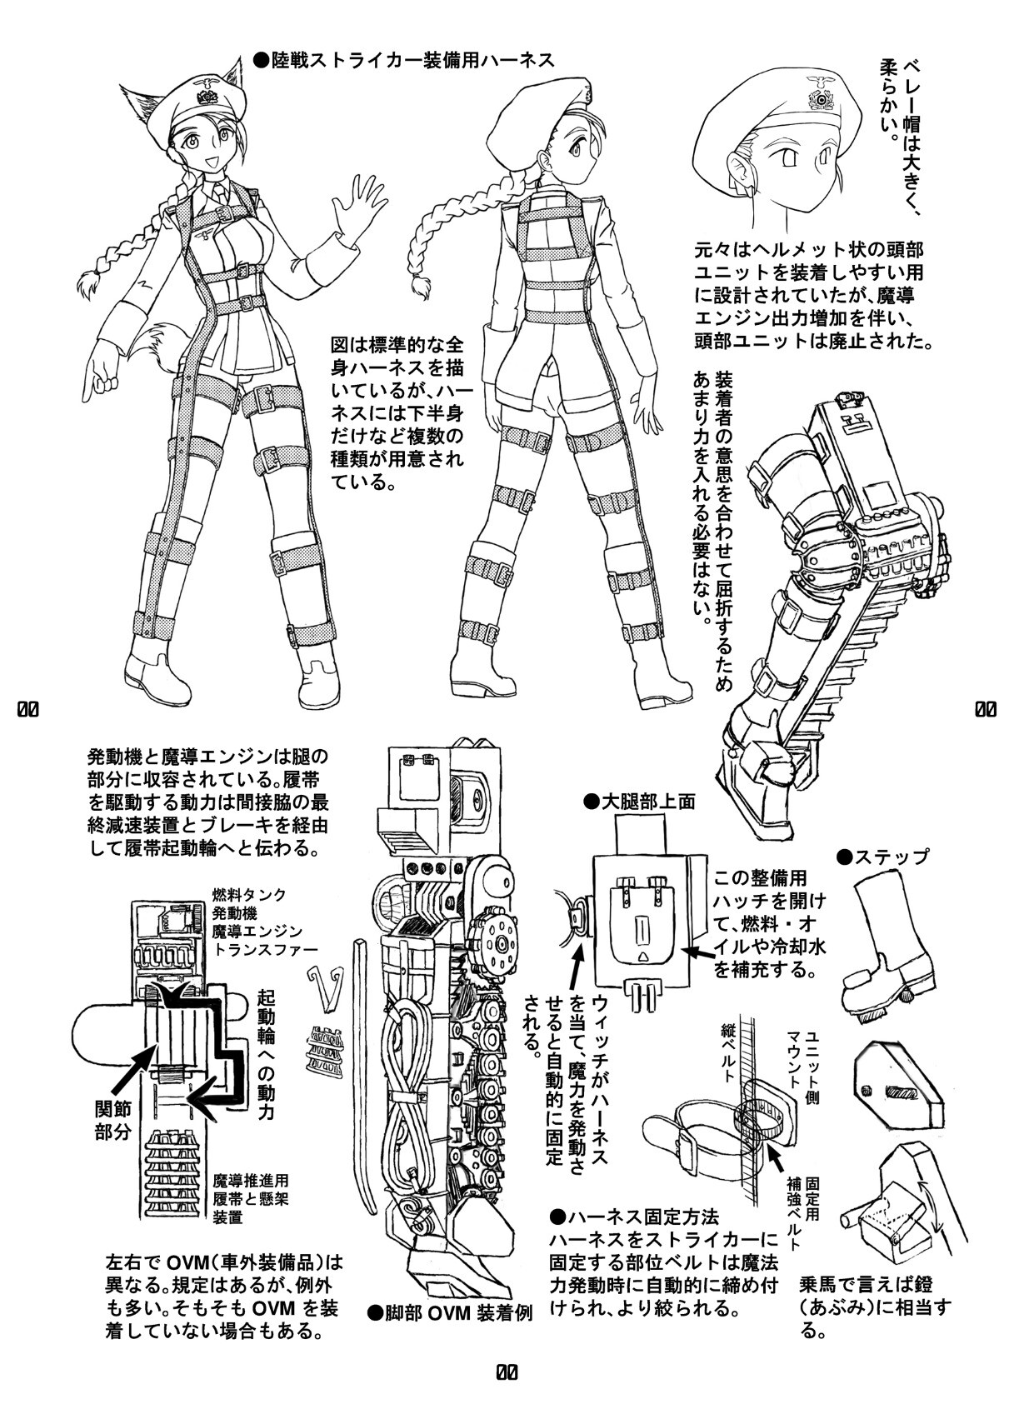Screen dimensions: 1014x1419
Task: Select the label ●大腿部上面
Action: coord(640,802)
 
